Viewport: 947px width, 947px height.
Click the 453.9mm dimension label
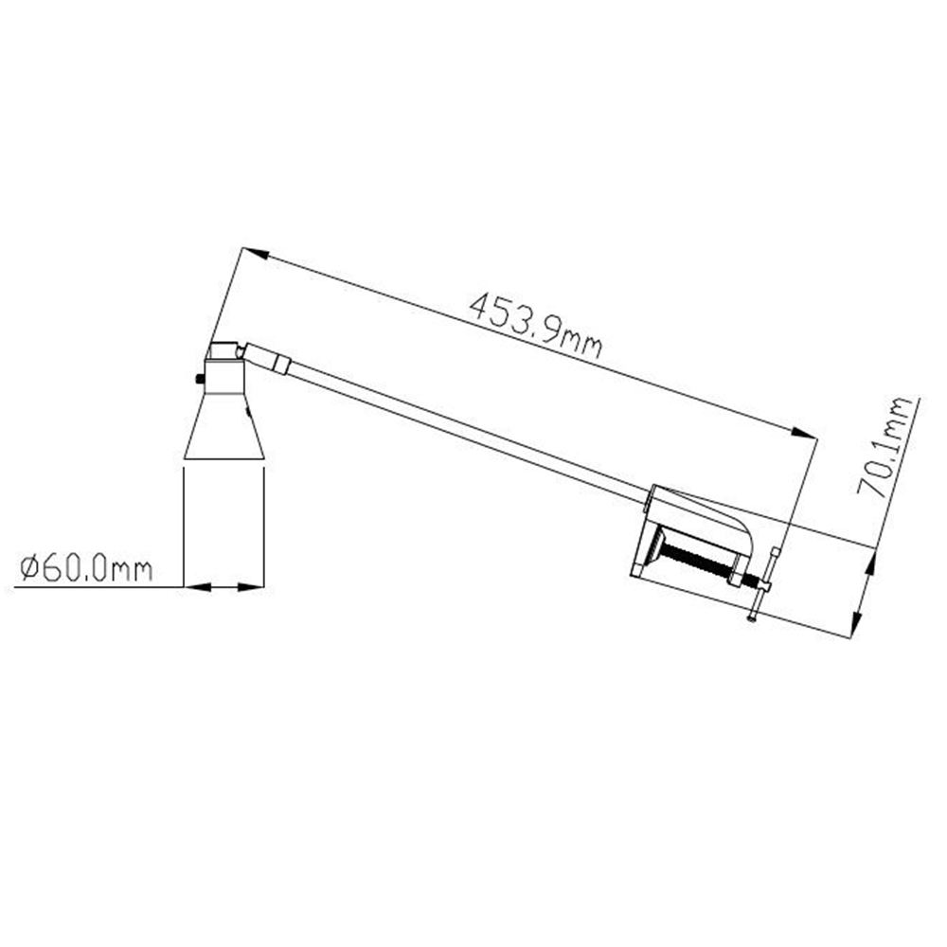(x=536, y=326)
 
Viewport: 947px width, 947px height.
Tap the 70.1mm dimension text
(x=884, y=446)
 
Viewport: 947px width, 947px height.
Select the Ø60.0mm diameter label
(x=86, y=568)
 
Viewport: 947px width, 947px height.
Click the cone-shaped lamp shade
(x=224, y=426)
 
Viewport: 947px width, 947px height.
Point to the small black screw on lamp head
(x=199, y=380)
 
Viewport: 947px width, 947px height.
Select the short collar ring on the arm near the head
(x=281, y=364)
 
